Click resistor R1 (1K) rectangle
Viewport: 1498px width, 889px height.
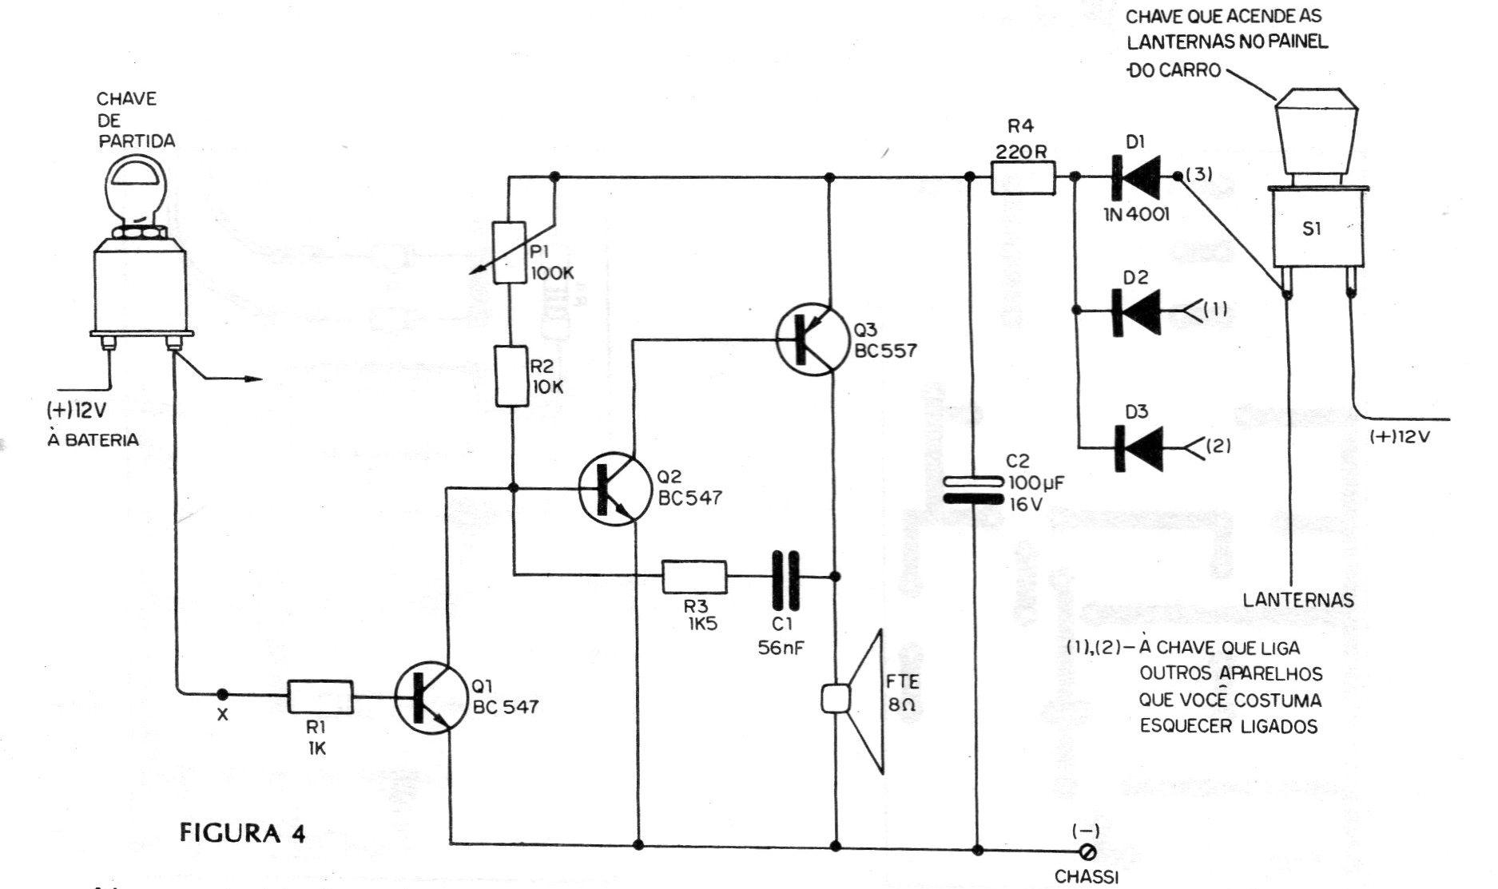point(320,697)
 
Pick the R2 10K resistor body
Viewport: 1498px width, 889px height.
point(511,376)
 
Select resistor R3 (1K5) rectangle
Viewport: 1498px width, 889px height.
point(694,576)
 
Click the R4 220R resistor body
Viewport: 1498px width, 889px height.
point(1023,177)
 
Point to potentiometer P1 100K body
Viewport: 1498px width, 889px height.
point(511,252)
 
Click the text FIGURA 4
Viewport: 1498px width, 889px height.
point(243,833)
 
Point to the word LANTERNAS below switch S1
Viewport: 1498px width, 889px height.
point(1298,599)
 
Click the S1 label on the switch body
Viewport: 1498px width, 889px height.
point(1312,228)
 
